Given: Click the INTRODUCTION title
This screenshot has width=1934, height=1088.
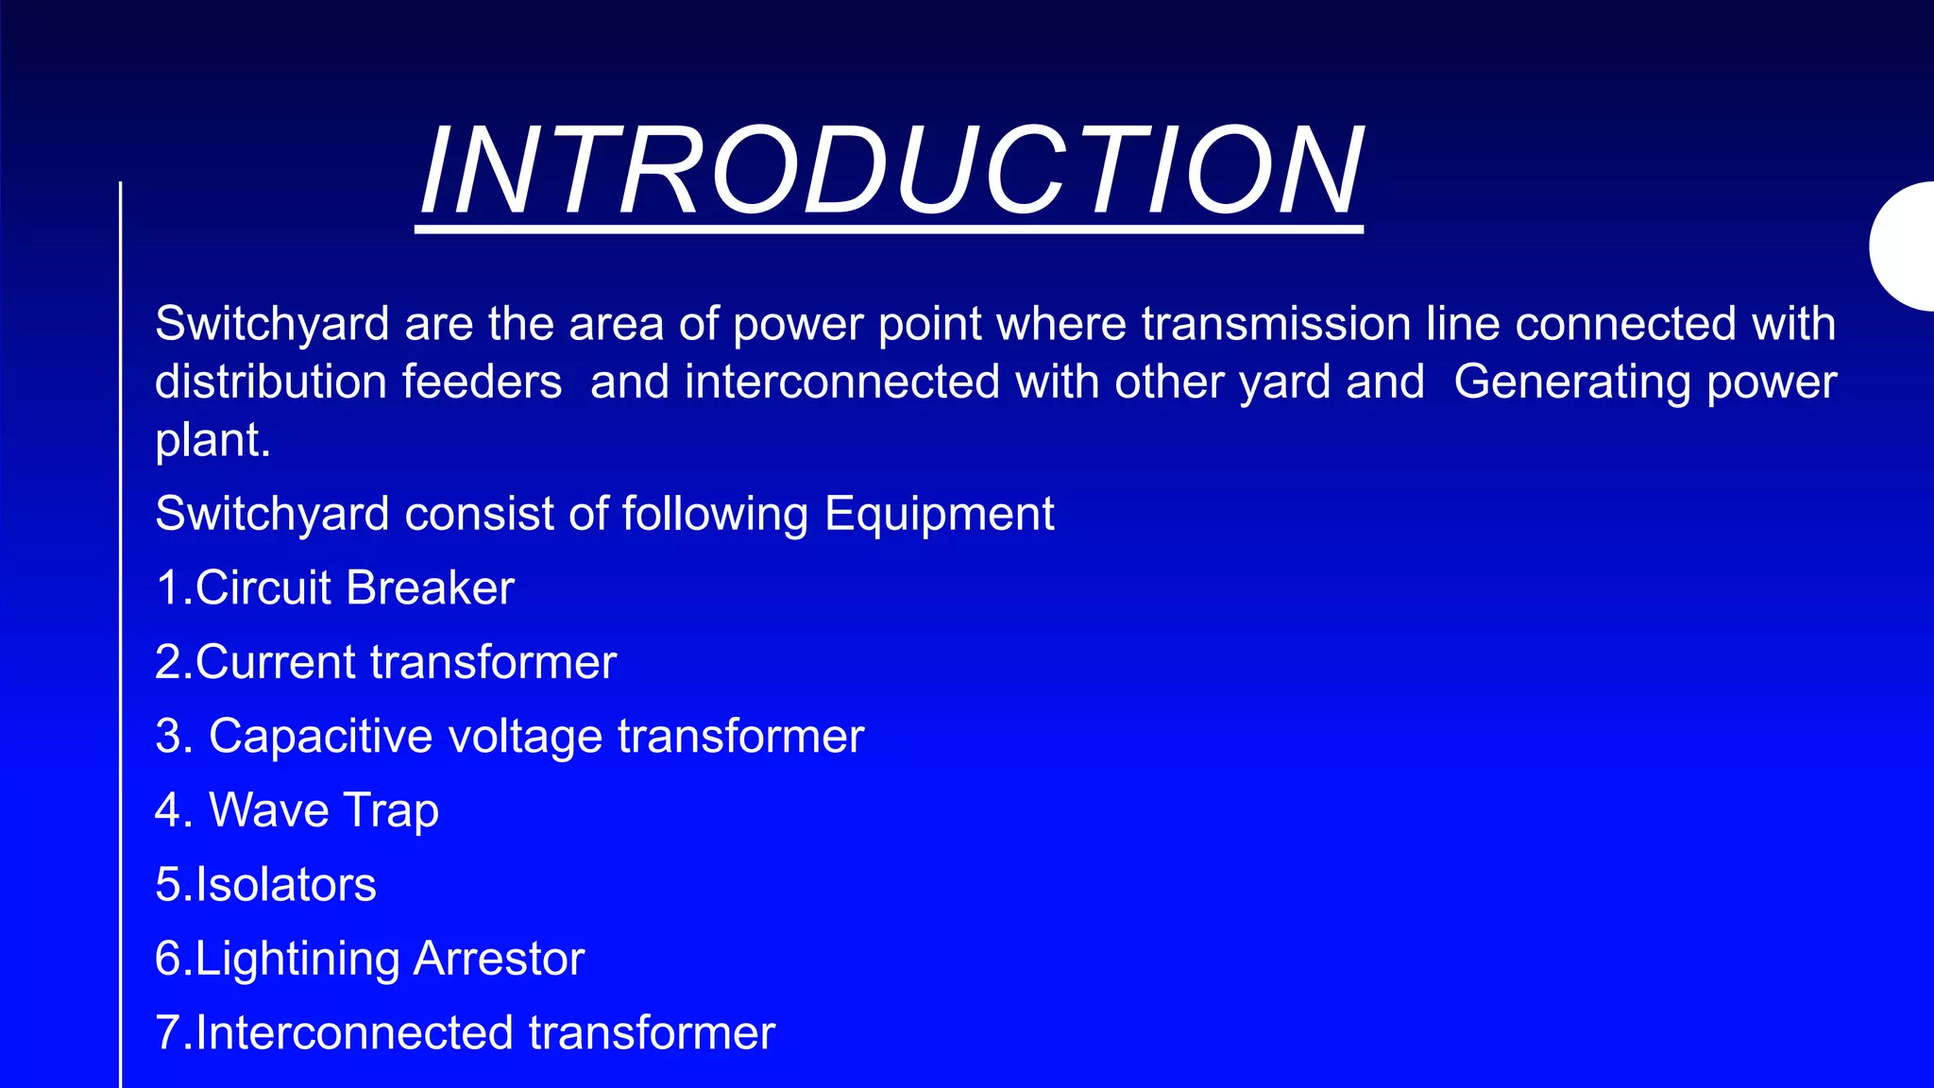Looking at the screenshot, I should tap(891, 172).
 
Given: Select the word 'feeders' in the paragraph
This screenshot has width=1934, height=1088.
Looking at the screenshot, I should tap(482, 382).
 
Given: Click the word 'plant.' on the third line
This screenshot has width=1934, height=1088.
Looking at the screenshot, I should tap(212, 441).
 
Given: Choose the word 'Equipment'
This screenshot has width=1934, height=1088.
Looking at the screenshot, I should tap(939, 515).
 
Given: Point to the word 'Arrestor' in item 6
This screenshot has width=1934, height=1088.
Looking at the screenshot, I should tap(499, 959).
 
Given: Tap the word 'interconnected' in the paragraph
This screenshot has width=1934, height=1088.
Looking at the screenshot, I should tap(841, 382).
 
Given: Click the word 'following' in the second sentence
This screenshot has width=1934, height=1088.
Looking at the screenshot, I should tap(715, 515).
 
